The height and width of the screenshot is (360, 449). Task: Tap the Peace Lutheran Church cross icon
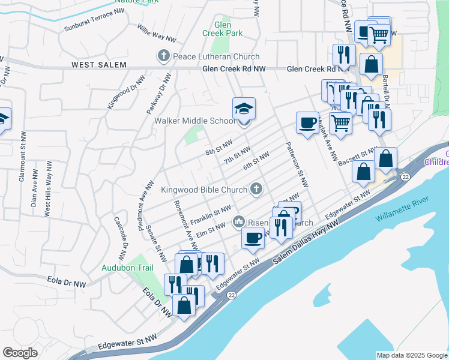pyautogui.click(x=163, y=57)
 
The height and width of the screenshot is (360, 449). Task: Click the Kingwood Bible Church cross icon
pyautogui.click(x=256, y=190)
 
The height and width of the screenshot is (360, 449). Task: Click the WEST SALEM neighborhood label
pyautogui.click(x=98, y=65)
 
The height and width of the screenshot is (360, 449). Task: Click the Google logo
pyautogui.click(x=20, y=353)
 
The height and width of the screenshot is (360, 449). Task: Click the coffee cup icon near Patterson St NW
pyautogui.click(x=307, y=124)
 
